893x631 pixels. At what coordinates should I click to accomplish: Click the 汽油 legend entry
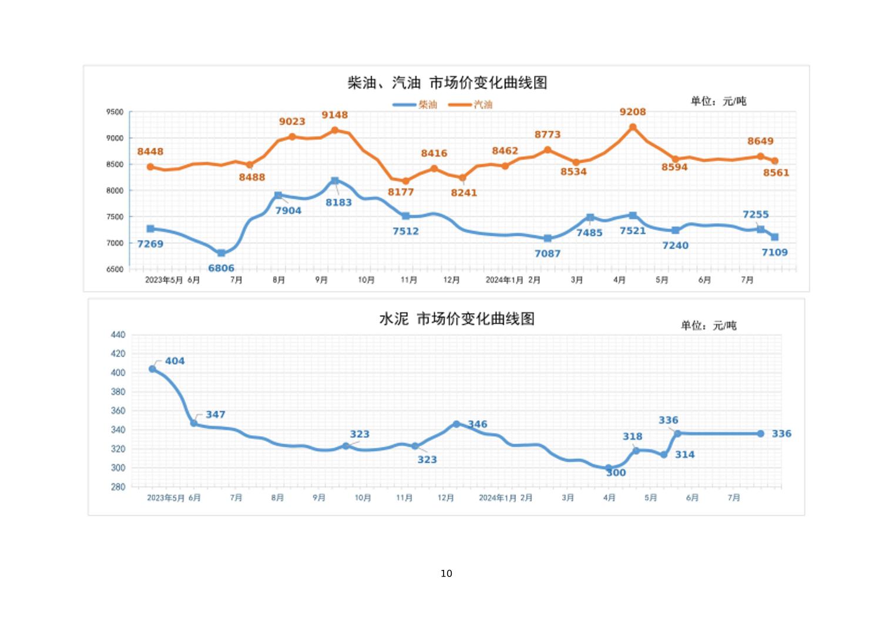471,105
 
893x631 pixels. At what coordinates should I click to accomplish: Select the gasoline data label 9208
632,112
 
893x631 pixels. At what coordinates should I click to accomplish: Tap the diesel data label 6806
221,268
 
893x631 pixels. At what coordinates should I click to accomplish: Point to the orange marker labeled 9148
335,130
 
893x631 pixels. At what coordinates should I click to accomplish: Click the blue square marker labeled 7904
278,195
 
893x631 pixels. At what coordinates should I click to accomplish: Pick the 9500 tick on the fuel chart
115,112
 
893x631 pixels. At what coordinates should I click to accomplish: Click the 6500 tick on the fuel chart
115,269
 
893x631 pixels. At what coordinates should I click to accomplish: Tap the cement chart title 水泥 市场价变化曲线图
456,319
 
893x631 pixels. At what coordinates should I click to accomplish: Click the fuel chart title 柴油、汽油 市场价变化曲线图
447,83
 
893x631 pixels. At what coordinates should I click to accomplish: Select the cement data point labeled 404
153,369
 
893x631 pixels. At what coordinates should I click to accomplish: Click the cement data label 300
616,472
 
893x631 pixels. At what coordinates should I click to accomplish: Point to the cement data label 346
477,424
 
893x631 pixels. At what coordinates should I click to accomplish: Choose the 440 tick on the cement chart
117,335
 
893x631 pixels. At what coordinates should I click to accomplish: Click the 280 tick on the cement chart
117,486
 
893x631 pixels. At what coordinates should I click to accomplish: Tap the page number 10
446,573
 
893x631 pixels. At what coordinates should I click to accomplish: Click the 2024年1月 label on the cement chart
497,498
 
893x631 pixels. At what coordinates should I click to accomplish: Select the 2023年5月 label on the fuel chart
164,280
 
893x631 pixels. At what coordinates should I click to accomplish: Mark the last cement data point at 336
760,434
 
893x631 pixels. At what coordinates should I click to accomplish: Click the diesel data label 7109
774,253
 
